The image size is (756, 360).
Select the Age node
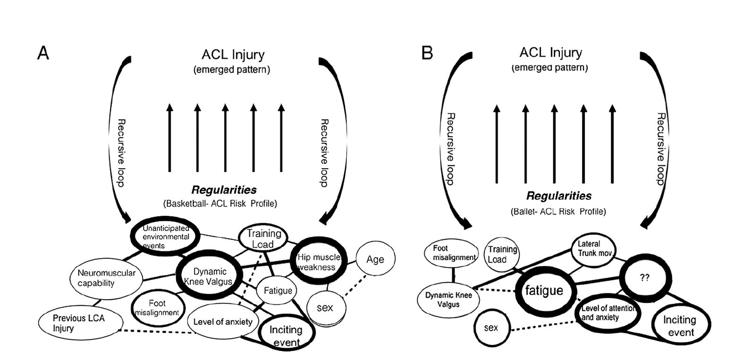(x=375, y=259)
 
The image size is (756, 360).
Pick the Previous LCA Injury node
(x=79, y=323)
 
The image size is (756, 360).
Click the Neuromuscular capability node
(x=106, y=278)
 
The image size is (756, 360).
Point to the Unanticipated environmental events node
(x=165, y=236)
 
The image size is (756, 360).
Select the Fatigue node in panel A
(x=278, y=291)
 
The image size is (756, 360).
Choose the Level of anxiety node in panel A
(x=223, y=322)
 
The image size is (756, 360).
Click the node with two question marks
(x=644, y=278)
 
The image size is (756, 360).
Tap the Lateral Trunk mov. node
(x=594, y=249)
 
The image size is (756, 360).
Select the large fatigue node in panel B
(x=544, y=290)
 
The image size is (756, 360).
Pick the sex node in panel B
(x=491, y=327)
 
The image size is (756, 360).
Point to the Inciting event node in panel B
(x=680, y=326)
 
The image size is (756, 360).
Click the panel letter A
(x=43, y=53)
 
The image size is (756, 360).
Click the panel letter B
(x=427, y=53)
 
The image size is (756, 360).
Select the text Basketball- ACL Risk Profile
(x=220, y=204)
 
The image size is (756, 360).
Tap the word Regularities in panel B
(x=558, y=196)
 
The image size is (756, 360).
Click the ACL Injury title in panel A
(x=233, y=55)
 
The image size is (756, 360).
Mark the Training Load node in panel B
(x=502, y=254)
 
